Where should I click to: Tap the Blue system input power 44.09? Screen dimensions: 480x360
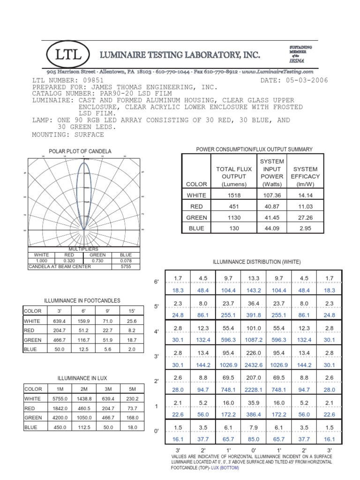pyautogui.click(x=272, y=228)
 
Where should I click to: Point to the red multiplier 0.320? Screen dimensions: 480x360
pyautogui.click(x=69, y=261)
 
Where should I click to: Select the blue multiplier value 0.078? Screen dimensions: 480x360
pyautogui.click(x=126, y=261)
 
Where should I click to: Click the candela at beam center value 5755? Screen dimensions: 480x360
pyautogui.click(x=126, y=266)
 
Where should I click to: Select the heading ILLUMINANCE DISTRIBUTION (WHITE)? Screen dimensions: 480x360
pyautogui.click(x=257, y=262)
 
